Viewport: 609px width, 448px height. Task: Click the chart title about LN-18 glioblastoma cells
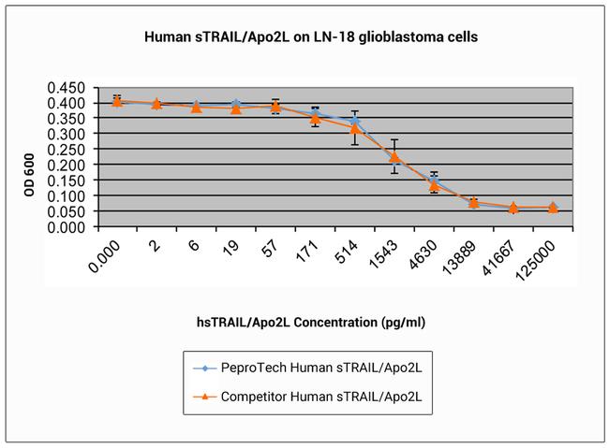(304, 38)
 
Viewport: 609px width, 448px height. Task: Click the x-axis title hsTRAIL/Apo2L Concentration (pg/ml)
(304, 321)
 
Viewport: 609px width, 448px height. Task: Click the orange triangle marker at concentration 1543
(394, 157)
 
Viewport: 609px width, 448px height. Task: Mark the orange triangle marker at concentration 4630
(434, 185)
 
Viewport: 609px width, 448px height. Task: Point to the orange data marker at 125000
(553, 208)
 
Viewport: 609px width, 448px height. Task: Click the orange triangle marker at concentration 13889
(474, 202)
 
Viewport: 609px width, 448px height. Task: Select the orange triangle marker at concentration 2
(156, 104)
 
